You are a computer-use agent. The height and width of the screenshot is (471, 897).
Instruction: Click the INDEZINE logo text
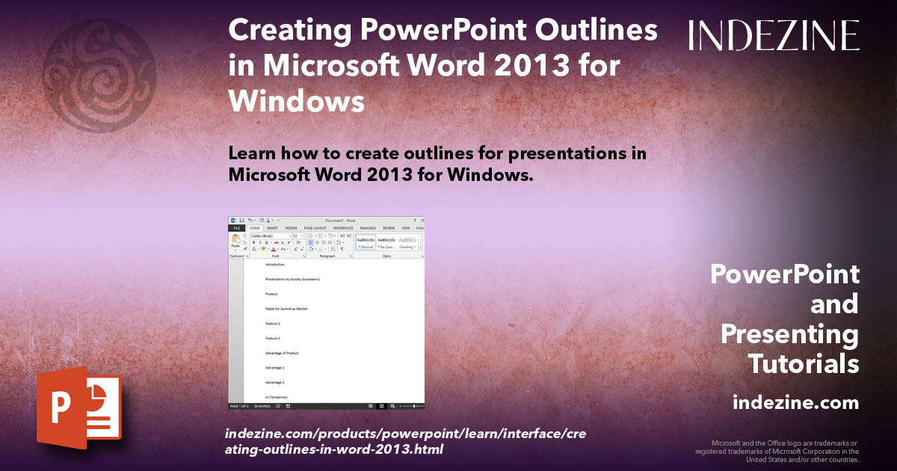[x=774, y=35]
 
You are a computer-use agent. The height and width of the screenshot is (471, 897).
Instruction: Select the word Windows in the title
[x=297, y=100]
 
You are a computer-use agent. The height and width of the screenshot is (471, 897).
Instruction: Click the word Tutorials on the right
[x=804, y=364]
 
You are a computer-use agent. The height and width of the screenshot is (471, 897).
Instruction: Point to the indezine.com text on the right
[x=795, y=403]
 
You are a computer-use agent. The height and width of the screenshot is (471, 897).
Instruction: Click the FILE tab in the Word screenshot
[x=236, y=228]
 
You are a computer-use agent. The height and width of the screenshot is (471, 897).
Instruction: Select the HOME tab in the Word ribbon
[x=254, y=228]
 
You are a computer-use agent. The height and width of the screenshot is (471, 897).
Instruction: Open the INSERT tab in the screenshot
[x=272, y=228]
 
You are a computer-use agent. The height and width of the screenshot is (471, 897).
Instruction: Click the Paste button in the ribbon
[x=235, y=244]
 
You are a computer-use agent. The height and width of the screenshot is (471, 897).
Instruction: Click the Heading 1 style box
[x=407, y=242]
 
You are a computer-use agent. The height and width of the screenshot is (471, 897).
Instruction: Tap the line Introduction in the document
[x=275, y=265]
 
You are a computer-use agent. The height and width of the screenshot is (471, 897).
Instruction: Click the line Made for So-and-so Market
[x=286, y=309]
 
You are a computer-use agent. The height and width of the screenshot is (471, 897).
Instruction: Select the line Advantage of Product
[x=283, y=353]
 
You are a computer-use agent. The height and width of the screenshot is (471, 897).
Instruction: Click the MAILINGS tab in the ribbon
[x=368, y=228]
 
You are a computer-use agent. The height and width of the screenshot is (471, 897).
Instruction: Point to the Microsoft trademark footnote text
[x=777, y=451]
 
